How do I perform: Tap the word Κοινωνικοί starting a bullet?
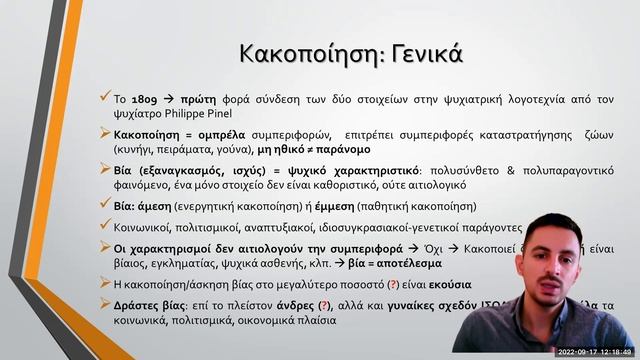[145, 227]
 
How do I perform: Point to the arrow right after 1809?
[172, 101]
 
